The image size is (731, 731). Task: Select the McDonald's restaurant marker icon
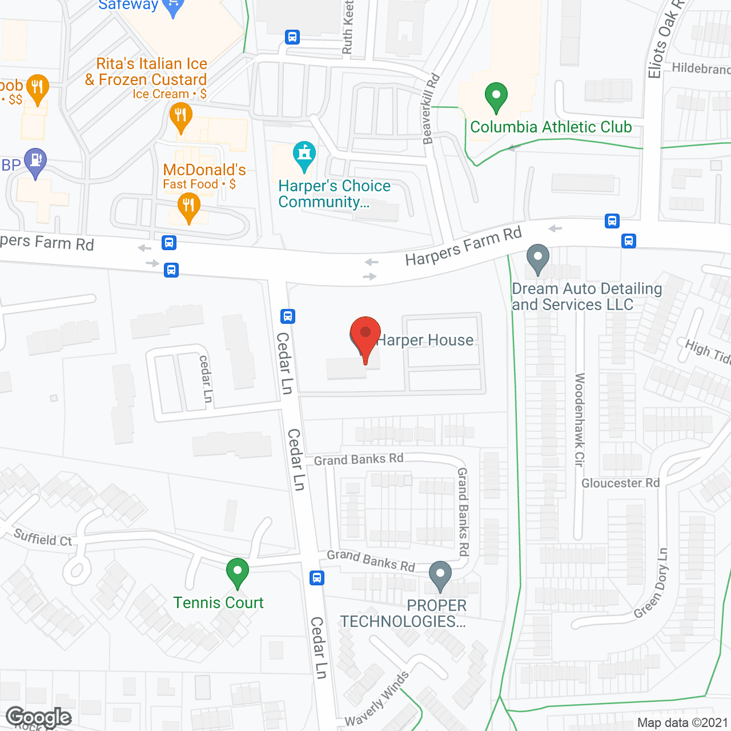188,206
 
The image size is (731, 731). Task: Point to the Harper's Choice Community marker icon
304,155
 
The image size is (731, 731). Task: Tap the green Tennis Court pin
237,572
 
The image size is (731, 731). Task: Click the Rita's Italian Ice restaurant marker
180,117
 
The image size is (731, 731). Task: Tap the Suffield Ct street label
43,538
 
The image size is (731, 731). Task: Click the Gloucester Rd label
620,483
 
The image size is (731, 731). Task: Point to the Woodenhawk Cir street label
580,420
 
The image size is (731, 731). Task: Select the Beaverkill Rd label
431,109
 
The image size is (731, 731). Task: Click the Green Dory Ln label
652,583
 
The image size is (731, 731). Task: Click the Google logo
39,717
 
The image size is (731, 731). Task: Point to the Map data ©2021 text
682,723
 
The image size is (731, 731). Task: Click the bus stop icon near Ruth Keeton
292,38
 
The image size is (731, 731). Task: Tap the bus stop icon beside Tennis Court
317,578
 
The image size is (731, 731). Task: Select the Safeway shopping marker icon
172,7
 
